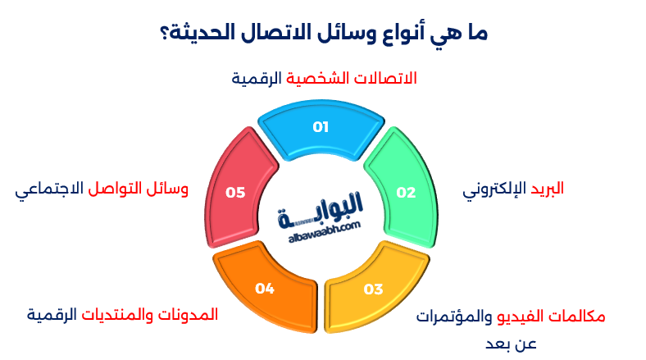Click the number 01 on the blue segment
point(320,127)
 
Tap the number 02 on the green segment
point(406,193)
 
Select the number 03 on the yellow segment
point(373,289)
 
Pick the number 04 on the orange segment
point(264,289)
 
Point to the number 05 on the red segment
point(235,193)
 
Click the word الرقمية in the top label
point(256,78)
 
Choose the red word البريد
point(545,189)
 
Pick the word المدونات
point(191,314)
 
